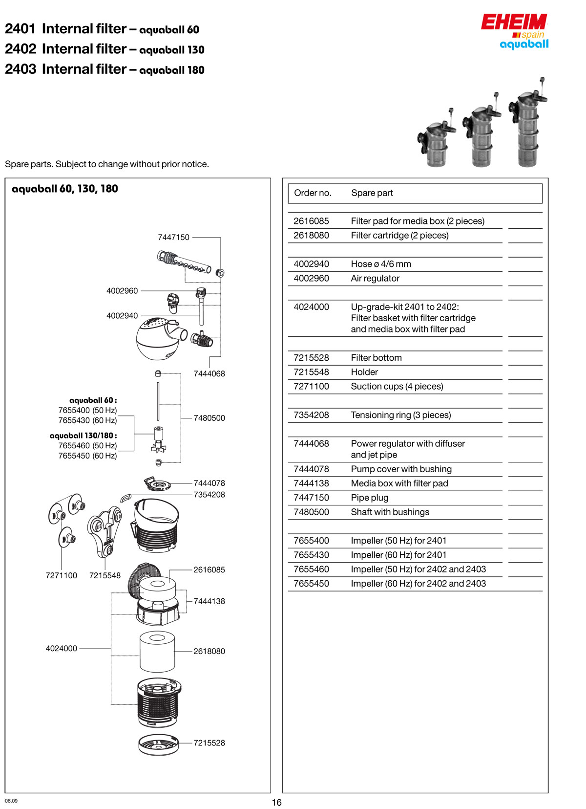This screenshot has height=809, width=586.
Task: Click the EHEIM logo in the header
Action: click(514, 22)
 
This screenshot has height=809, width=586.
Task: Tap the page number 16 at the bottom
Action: click(277, 802)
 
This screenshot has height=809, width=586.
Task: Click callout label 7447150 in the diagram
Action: click(173, 237)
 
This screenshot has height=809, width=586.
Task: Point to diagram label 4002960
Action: click(122, 291)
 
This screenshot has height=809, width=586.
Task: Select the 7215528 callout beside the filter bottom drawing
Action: click(209, 743)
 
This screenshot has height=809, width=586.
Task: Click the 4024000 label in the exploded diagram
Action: click(62, 649)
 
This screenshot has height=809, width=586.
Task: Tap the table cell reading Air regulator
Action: click(375, 278)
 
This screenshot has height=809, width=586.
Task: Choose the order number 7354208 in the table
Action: click(311, 415)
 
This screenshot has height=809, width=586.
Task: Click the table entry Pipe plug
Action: click(370, 498)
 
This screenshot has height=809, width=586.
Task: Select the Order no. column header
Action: click(313, 193)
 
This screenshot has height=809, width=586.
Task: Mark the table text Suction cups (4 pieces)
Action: click(397, 386)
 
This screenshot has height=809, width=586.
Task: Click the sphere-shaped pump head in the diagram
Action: click(156, 339)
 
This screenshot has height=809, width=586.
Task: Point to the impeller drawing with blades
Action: click(159, 440)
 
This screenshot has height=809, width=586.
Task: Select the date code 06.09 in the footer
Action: click(11, 801)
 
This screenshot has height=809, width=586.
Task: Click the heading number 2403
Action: click(21, 69)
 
